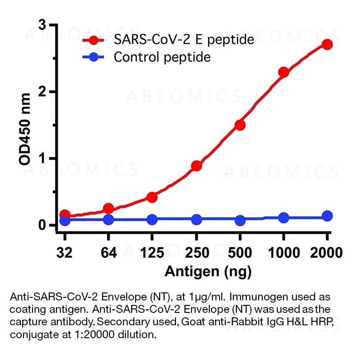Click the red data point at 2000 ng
pos(327,44)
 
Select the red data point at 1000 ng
pos(284,72)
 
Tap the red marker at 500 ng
pos(240,125)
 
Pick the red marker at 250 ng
pos(196,166)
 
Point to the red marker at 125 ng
pos(152,197)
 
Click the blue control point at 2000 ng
pos(327,216)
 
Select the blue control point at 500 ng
pos(240,220)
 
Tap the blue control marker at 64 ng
pos(108,220)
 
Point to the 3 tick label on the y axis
pos(41,25)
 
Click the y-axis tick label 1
pos(41,159)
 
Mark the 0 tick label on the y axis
pos(41,225)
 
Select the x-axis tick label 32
pos(64,253)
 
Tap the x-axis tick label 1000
pos(284,253)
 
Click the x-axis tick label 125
pos(152,253)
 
